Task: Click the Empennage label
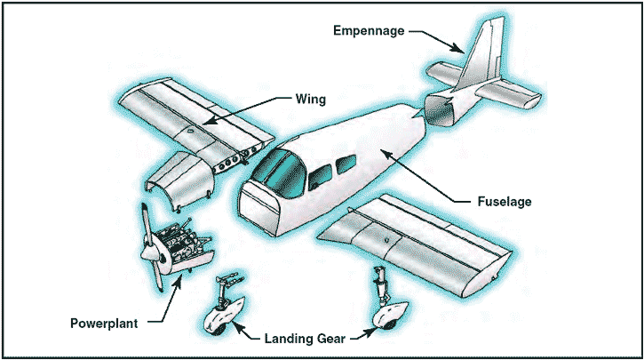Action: coord(367,30)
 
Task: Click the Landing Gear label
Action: coord(304,338)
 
